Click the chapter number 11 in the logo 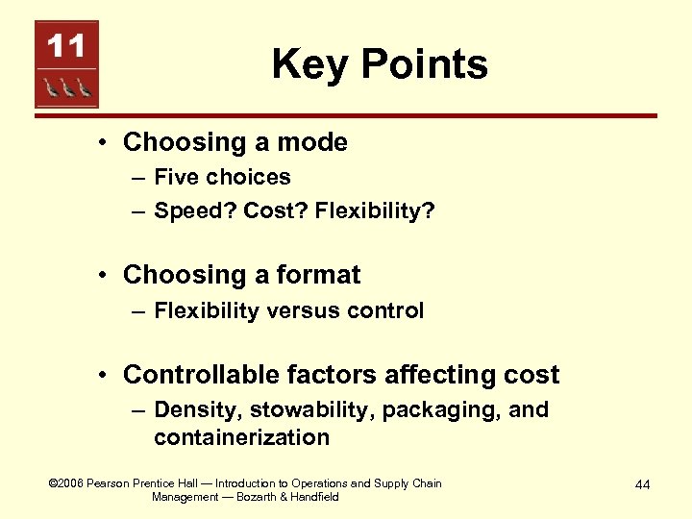point(66,47)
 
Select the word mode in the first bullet point(312,142)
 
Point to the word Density point(198,410)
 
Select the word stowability point(311,410)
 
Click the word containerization point(241,437)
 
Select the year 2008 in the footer point(70,483)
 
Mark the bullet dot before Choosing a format point(104,276)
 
